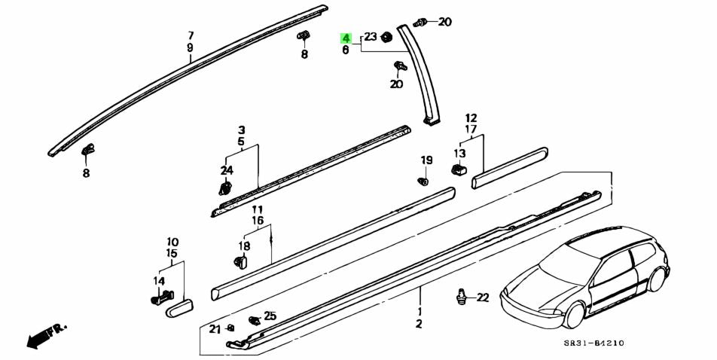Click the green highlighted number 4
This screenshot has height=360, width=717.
346,38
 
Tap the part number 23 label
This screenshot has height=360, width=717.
371,37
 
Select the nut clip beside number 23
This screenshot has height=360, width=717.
387,36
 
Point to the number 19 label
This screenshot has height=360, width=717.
426,160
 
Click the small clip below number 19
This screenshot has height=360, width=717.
423,181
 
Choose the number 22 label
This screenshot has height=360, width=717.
482,297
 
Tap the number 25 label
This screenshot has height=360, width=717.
270,316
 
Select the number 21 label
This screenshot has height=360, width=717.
215,328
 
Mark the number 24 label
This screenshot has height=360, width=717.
227,169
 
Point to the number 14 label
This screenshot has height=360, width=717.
159,281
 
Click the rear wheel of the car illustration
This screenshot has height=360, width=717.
656,280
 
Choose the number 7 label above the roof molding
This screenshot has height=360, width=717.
191,35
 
